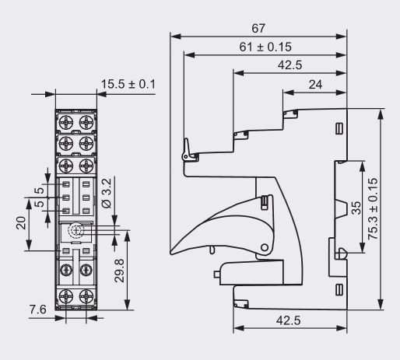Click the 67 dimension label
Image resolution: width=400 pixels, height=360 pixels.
pyautogui.click(x=258, y=28)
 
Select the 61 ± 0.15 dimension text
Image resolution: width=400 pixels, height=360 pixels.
pyautogui.click(x=265, y=47)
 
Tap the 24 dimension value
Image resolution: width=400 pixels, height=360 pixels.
pyautogui.click(x=315, y=85)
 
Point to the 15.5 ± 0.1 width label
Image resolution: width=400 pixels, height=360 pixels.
pyautogui.click(x=128, y=84)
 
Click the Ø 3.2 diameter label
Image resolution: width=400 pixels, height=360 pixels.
pyautogui.click(x=107, y=193)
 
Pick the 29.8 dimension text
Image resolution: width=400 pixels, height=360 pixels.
pyautogui.click(x=120, y=271)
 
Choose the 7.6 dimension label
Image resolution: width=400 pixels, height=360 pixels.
pyautogui.click(x=38, y=309)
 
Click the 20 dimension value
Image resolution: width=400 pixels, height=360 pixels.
pyautogui.click(x=21, y=223)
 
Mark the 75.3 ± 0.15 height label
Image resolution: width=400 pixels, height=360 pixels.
pyautogui.click(x=373, y=208)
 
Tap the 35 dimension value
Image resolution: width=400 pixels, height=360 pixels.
pyautogui.click(x=356, y=208)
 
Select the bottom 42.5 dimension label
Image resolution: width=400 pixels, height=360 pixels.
pyautogui.click(x=289, y=320)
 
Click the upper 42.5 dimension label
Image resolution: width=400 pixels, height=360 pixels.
pyautogui.click(x=290, y=65)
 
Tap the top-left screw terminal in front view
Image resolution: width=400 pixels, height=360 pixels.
pyautogui.click(x=66, y=121)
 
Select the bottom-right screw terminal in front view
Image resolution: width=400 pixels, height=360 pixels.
pyautogui.click(x=86, y=297)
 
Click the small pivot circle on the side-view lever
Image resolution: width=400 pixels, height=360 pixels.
pyautogui.click(x=265, y=247)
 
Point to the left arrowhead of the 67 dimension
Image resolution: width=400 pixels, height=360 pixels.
pyautogui.click(x=176, y=37)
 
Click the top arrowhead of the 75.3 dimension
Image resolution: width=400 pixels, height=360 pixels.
pyautogui.click(x=381, y=114)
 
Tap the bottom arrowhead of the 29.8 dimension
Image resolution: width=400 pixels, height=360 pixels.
pyautogui.click(x=127, y=305)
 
